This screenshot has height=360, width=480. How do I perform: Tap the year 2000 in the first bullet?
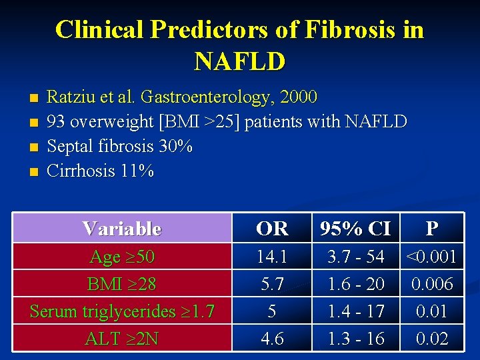pos(299,97)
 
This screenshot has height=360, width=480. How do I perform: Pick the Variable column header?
pos(122,229)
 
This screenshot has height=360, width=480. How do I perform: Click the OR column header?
pos(272,229)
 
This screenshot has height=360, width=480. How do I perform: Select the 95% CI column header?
pos(355,229)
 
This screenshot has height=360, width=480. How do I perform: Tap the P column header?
pos(432,229)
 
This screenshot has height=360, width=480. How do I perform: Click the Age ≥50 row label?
pos(122,257)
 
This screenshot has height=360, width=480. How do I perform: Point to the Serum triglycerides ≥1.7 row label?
pos(122,311)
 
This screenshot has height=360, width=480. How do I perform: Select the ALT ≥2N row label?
pos(122,339)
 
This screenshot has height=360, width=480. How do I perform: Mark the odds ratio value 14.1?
pos(272,257)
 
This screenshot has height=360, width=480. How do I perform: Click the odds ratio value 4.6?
pos(272,339)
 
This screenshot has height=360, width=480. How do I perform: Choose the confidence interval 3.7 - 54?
pos(355,257)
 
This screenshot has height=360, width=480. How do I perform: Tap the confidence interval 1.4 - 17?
pos(355,311)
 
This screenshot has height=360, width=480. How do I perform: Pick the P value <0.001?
pos(432,257)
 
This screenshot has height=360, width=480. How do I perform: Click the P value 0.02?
pos(432,339)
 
